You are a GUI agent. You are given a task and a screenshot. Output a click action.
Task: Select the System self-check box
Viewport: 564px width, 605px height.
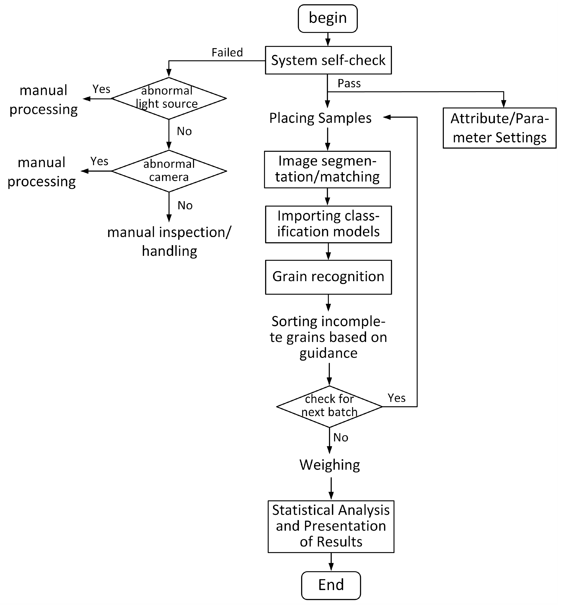pos(328,60)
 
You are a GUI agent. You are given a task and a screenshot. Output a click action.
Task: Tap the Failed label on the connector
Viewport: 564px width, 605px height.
pos(227,53)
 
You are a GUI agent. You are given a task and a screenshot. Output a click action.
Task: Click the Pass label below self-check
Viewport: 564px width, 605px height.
pos(349,83)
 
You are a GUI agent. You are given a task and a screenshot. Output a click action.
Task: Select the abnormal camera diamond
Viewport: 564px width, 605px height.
pos(169,171)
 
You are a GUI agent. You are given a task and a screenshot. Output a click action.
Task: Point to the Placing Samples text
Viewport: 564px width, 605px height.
pos(320,118)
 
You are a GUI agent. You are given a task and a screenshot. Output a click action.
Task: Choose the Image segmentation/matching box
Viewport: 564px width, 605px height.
pos(327,170)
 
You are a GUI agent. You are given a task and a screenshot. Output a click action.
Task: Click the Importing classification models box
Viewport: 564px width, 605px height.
pos(328,224)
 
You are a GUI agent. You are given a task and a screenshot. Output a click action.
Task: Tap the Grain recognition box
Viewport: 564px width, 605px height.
pos(328,277)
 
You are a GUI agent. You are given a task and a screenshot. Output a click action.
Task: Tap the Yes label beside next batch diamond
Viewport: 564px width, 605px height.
pos(396,398)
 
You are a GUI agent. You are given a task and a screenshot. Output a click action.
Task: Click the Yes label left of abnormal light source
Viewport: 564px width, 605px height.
pos(101,89)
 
